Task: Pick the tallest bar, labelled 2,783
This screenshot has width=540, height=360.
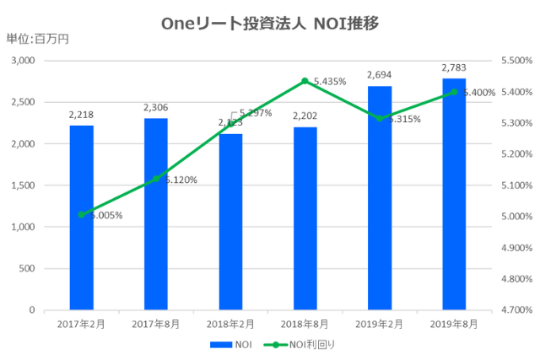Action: pos(455,194)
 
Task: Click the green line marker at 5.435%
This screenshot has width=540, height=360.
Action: pos(305,81)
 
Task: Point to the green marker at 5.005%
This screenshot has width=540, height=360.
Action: pos(82,214)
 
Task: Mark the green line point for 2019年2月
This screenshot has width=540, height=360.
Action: pos(380,118)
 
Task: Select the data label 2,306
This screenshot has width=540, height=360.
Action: pos(156,108)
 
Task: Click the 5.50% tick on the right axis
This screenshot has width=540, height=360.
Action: pos(511,62)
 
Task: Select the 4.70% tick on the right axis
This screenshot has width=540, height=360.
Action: pos(511,310)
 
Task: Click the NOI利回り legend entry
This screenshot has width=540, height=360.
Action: pos(299,344)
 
